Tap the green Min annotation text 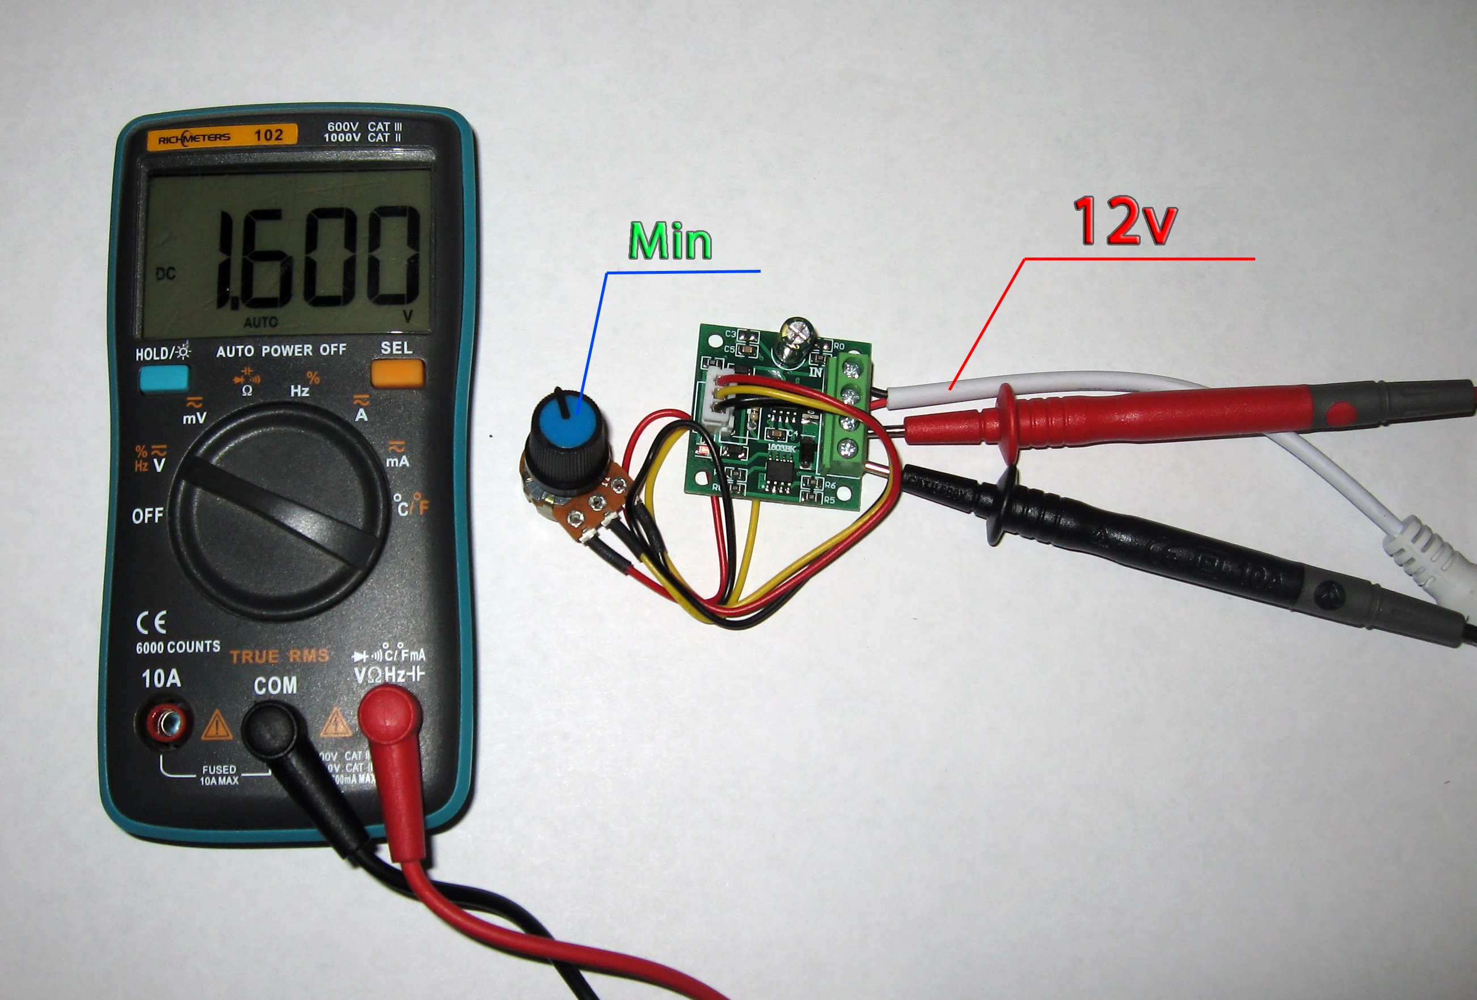[670, 241]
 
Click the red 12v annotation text [1124, 221]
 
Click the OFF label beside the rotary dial [147, 515]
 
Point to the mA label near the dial [397, 461]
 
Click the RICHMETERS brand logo [194, 138]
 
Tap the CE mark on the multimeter [151, 622]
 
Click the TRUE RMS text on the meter [279, 656]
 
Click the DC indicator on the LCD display [166, 274]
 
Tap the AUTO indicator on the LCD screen [260, 322]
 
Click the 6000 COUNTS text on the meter [178, 647]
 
